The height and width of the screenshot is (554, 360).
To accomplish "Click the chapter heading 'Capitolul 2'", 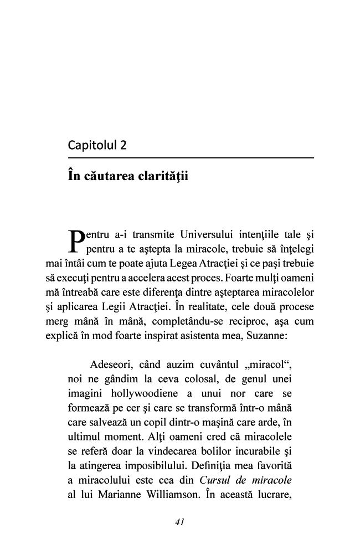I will (97, 146).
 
